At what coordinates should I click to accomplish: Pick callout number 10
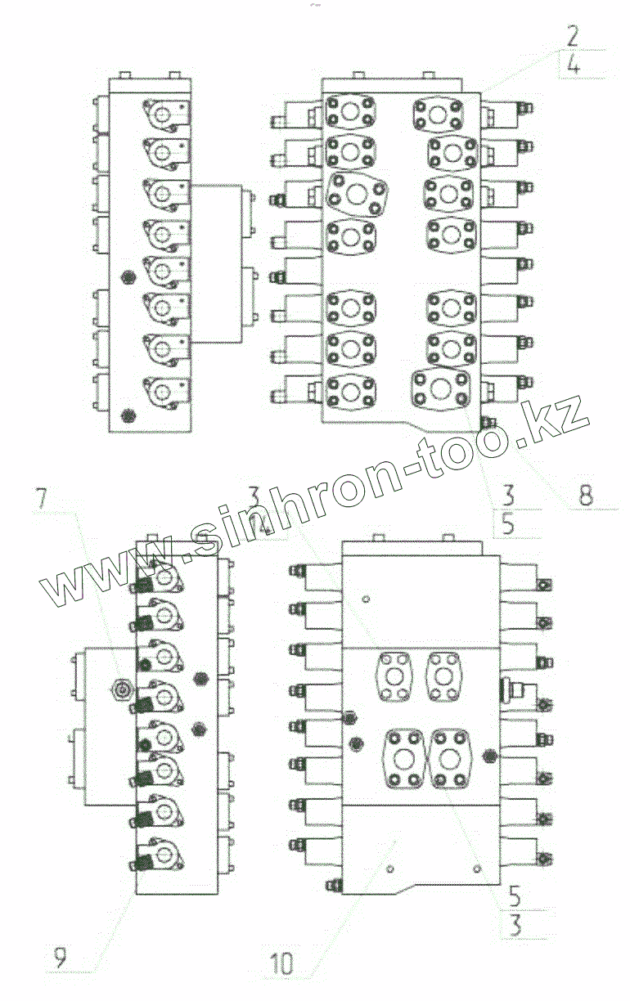tap(280, 963)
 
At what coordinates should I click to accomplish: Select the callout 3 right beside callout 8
tap(508, 494)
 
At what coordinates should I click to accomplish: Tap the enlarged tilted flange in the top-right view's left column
tap(357, 195)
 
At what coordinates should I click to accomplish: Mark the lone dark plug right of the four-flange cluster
tap(491, 756)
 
